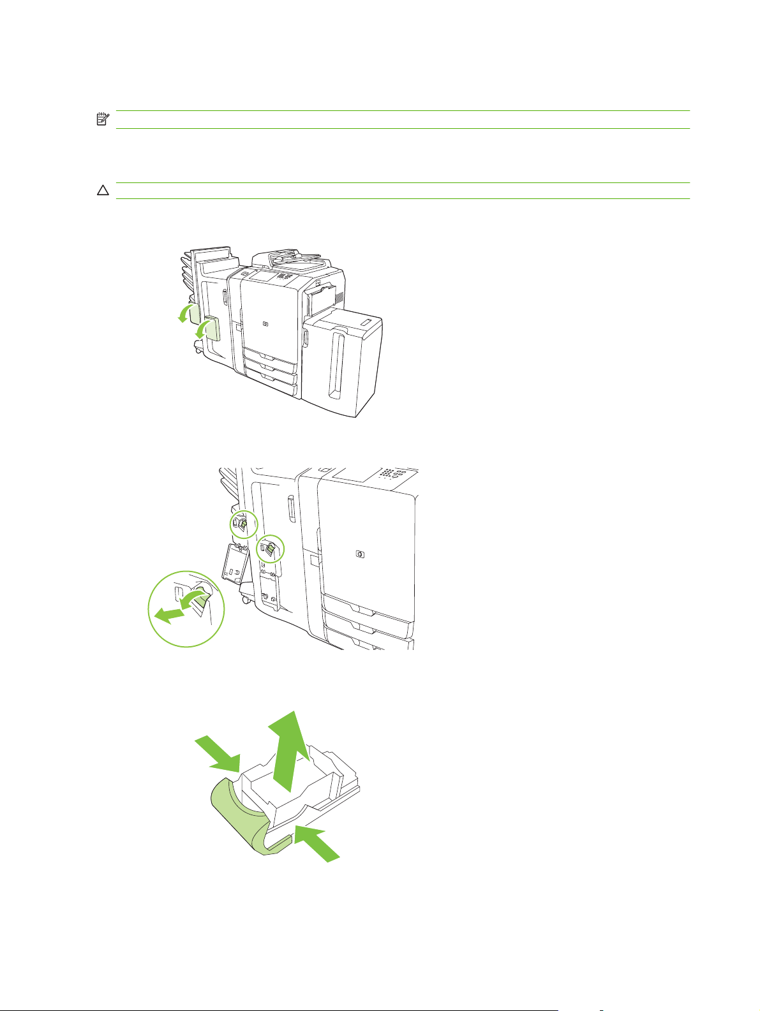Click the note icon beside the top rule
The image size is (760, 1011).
(101, 119)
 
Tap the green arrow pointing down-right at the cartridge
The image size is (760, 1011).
(219, 751)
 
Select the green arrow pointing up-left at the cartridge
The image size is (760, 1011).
(319, 844)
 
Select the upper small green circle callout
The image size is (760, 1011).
(244, 524)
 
